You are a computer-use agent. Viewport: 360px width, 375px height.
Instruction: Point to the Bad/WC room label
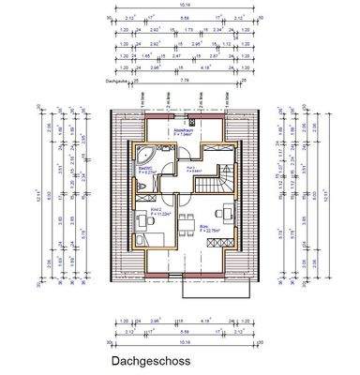coord(147,170)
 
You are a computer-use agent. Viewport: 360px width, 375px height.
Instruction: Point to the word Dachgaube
coord(118,82)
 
